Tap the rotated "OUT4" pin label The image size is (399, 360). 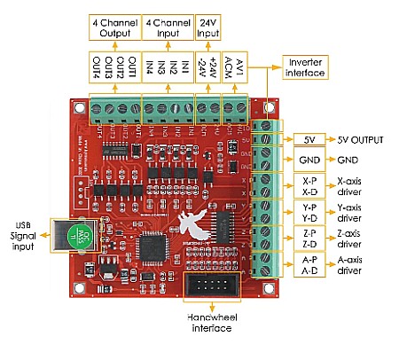click(x=97, y=67)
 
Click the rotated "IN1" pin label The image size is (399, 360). click(x=185, y=67)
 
